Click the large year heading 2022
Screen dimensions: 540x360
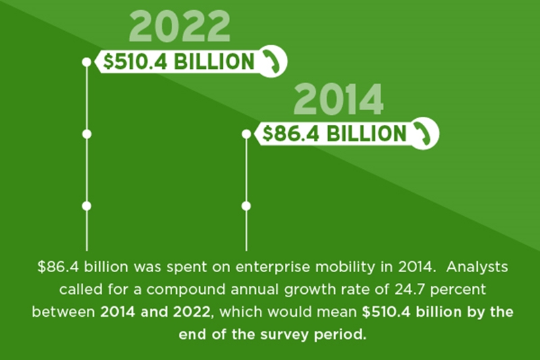click(x=180, y=27)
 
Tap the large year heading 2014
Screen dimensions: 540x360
click(x=339, y=99)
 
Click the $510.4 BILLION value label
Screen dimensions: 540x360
click(x=179, y=61)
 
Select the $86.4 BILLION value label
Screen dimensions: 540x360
click(x=334, y=134)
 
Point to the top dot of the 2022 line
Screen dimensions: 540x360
click(x=87, y=62)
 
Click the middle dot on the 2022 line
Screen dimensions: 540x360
click(x=87, y=134)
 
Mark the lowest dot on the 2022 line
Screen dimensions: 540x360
click(x=87, y=206)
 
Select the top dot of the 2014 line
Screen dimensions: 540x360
click(x=246, y=134)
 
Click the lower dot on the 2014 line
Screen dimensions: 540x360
click(x=246, y=206)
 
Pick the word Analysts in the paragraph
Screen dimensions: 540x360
click(x=477, y=267)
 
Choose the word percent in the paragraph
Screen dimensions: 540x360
click(x=458, y=290)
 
